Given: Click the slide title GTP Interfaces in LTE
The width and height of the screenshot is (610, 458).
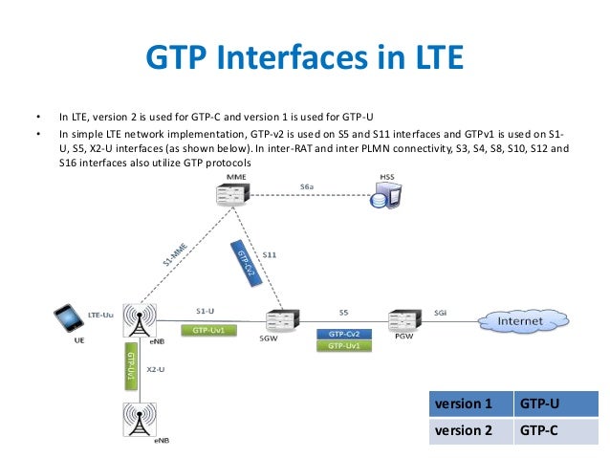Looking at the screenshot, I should point(304,59).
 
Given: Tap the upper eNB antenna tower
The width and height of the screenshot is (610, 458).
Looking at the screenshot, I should point(139,319).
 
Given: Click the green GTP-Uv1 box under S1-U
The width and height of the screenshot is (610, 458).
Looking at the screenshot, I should point(207,330).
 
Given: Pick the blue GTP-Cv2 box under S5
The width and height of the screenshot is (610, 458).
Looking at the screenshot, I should point(343,334).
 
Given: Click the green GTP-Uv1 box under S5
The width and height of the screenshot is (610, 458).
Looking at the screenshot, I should point(343,346).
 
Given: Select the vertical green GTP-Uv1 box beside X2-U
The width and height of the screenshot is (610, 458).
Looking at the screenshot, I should point(129,367).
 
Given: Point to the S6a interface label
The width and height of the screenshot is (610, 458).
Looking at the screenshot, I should point(305,188).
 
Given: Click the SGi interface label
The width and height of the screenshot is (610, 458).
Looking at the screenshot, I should point(440,312).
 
